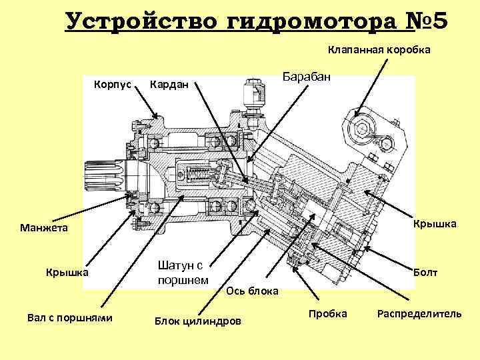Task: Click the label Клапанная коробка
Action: pos(379,50)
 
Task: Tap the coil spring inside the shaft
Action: pos(199,175)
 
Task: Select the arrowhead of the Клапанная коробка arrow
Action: pos(359,113)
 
